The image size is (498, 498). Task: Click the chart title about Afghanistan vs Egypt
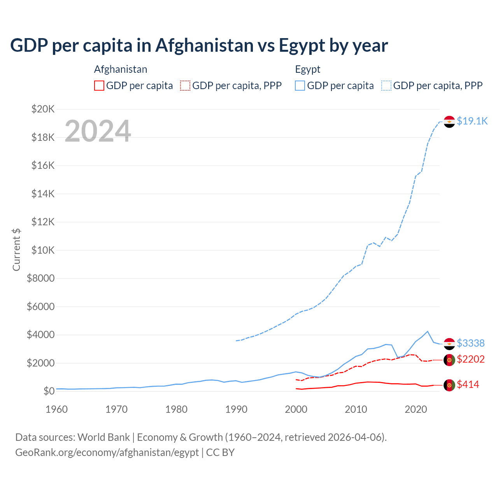(x=199, y=46)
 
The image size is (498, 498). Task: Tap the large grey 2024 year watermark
(x=98, y=131)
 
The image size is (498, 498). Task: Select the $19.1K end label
(x=472, y=121)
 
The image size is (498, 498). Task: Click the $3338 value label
(x=470, y=343)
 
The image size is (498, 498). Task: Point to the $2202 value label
(x=470, y=359)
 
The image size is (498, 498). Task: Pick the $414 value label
(x=468, y=384)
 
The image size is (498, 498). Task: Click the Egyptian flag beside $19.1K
(x=449, y=121)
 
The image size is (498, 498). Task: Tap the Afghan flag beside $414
(x=449, y=385)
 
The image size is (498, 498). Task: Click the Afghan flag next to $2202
(x=449, y=359)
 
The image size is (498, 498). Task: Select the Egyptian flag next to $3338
(x=449, y=344)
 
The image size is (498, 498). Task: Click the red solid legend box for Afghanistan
(x=99, y=86)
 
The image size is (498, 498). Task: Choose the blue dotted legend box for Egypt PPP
(x=386, y=86)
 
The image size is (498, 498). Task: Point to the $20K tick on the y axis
(x=43, y=109)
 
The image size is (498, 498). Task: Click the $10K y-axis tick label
(x=43, y=250)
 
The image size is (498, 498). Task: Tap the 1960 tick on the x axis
(x=57, y=409)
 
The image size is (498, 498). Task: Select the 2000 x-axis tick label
(x=296, y=409)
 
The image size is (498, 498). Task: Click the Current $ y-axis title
(x=16, y=250)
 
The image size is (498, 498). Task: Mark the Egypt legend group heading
(x=308, y=69)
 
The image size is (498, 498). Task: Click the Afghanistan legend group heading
(x=121, y=69)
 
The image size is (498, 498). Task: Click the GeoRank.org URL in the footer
(x=107, y=452)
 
